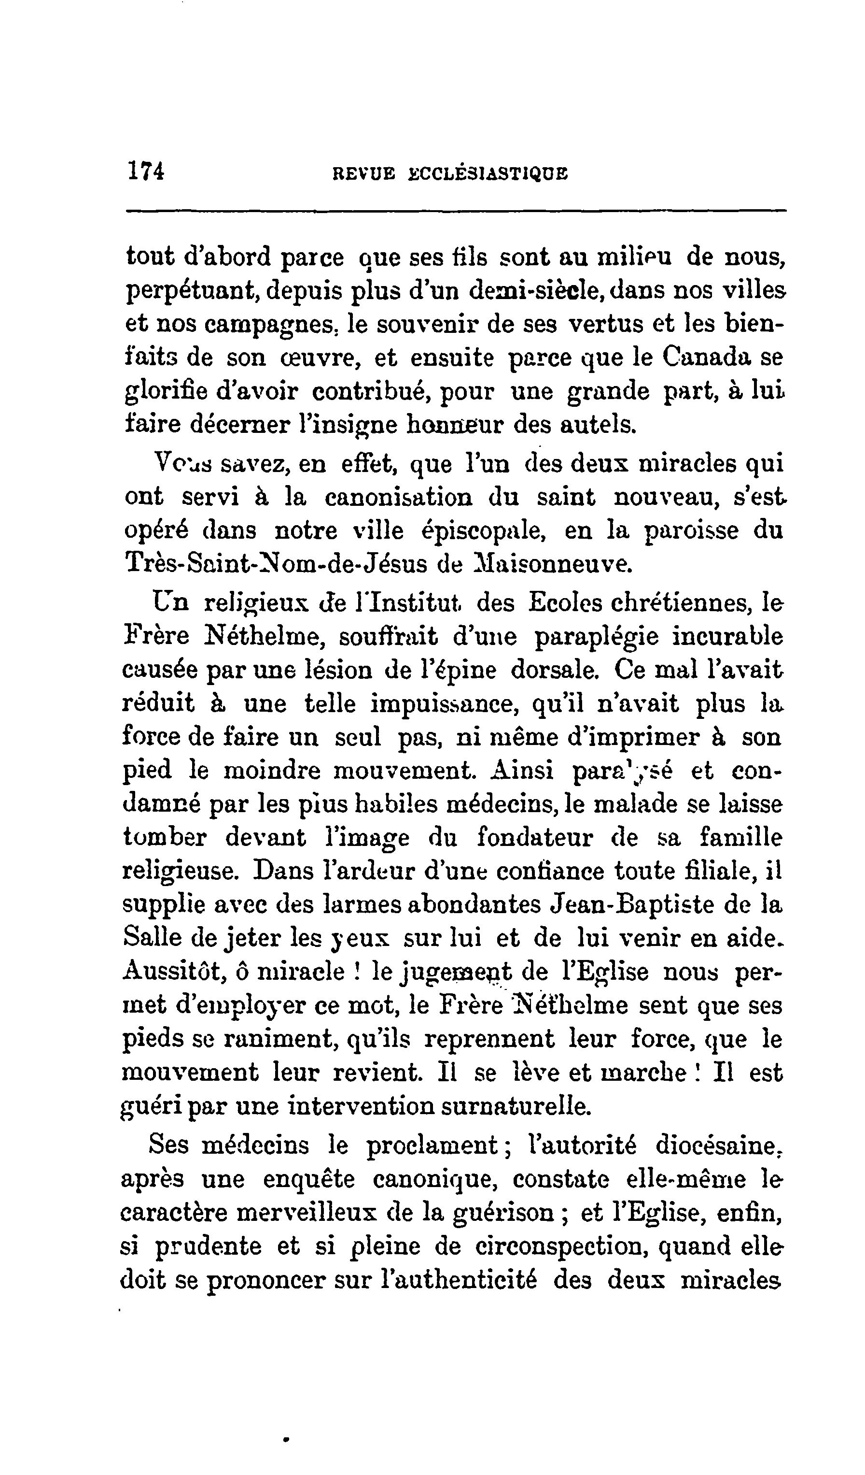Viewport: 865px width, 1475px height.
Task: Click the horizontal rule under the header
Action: pyautogui.click(x=456, y=211)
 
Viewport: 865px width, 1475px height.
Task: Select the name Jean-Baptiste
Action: pyautogui.click(x=632, y=904)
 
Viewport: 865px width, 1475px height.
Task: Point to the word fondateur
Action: pyautogui.click(x=534, y=838)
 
